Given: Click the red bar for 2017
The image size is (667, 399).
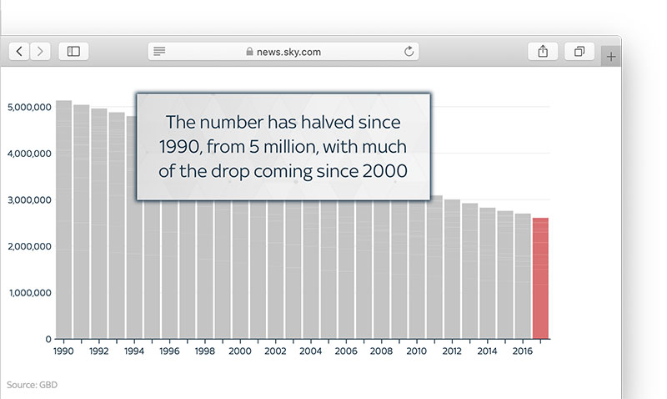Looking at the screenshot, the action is click(x=540, y=279).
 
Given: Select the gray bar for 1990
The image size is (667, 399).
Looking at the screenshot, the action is click(x=64, y=220).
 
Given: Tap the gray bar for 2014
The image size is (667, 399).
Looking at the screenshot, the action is click(x=488, y=274).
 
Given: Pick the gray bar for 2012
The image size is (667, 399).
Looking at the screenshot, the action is click(x=452, y=269).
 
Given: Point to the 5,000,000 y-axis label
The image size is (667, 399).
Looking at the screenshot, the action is click(x=29, y=108).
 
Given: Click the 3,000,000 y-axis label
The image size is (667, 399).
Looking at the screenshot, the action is click(x=29, y=200).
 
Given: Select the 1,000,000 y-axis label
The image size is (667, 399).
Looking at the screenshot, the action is click(x=30, y=293).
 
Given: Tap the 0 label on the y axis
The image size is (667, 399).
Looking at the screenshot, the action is click(x=48, y=340).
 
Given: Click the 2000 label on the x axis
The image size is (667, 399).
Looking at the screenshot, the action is click(x=240, y=351).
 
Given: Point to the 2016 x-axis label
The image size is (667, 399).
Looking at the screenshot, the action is click(x=523, y=351).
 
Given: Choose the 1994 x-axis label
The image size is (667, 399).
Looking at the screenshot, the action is click(x=134, y=351).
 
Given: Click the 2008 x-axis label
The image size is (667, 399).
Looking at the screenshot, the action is click(x=381, y=351).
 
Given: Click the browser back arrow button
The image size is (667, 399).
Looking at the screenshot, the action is click(x=19, y=52).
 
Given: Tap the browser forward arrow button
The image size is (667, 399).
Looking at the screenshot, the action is click(x=40, y=52).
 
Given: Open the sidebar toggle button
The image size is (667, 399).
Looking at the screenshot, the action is click(x=73, y=52).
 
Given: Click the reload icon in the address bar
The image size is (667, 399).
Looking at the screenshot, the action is click(x=409, y=52).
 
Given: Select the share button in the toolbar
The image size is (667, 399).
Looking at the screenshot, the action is click(x=543, y=52).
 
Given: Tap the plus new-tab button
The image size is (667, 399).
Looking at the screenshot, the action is click(x=611, y=57).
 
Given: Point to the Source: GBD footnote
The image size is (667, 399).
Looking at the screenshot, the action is click(x=32, y=385).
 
